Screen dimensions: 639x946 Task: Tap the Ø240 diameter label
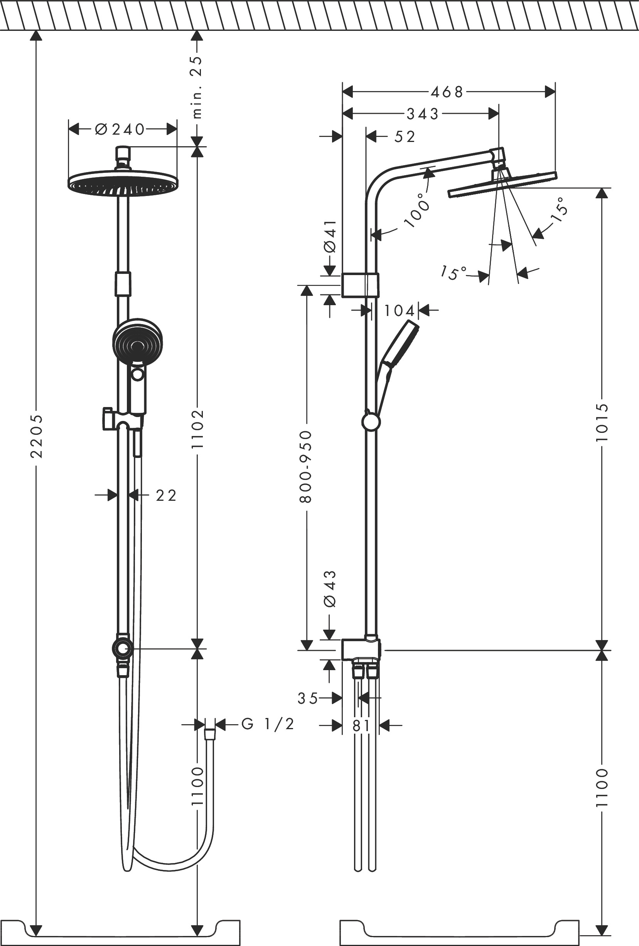click(120, 130)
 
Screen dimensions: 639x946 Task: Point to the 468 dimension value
click(447, 93)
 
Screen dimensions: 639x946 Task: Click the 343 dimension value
click(423, 114)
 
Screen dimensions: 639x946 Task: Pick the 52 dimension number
click(405, 137)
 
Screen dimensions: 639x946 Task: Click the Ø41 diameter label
click(330, 236)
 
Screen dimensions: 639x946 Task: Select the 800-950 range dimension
click(306, 466)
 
